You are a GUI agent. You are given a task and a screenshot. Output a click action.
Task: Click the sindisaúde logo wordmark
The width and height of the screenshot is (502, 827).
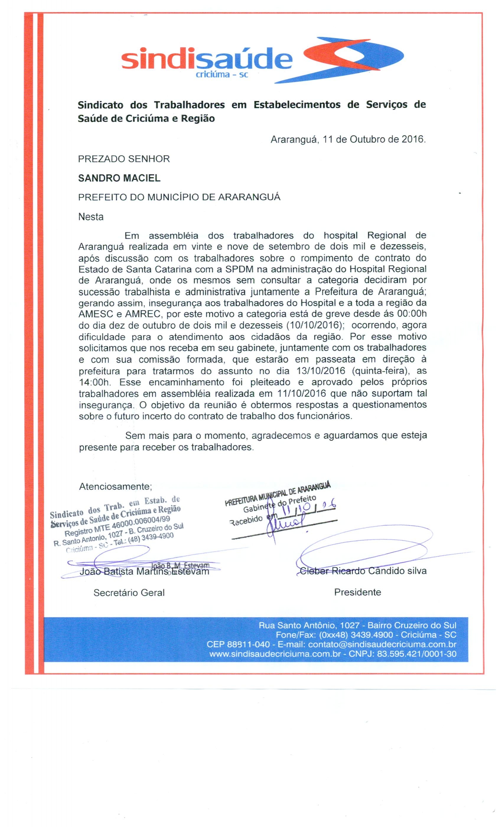coord(206,61)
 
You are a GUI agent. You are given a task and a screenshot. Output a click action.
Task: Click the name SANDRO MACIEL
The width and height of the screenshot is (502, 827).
coord(119,178)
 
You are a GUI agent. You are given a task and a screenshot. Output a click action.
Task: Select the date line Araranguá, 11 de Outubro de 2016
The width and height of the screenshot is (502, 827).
coord(348,139)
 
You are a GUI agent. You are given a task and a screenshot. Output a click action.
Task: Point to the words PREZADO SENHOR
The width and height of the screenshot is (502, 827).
coord(124,159)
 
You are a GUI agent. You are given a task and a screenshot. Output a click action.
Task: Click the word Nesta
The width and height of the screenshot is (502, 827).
coord(91,217)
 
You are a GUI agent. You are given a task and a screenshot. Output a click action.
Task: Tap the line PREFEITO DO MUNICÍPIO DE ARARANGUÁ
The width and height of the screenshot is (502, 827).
coord(179,197)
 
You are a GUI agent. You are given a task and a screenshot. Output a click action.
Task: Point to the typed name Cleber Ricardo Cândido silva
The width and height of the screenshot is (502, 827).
coord(363,571)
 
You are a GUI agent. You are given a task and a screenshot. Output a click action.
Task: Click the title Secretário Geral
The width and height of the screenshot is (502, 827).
coord(129,593)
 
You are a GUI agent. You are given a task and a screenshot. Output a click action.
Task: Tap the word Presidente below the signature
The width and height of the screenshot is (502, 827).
coord(357,592)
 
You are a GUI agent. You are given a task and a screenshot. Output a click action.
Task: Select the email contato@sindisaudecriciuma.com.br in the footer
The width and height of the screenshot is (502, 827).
coord(382,644)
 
